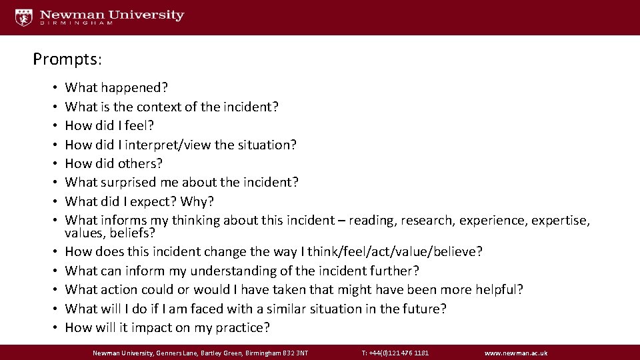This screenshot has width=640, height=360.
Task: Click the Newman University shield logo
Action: click(24, 17)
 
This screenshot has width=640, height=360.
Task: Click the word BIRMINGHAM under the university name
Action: click(76, 23)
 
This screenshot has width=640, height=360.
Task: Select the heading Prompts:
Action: click(67, 59)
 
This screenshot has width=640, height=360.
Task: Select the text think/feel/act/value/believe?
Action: click(392, 252)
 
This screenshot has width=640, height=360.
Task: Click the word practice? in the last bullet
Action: click(243, 327)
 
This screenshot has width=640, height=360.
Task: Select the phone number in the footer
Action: click(395, 353)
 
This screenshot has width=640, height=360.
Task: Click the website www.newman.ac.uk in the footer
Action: click(516, 353)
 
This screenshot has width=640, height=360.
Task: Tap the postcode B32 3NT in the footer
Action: click(293, 353)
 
